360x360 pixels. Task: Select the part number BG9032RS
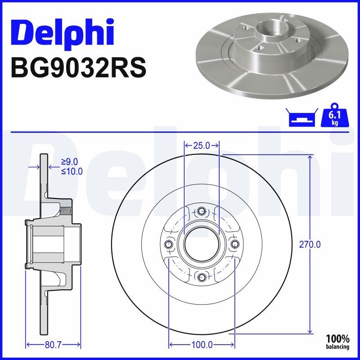point(78,68)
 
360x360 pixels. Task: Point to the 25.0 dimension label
point(202,145)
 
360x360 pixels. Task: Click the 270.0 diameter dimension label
point(310,244)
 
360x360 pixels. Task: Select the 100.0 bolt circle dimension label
point(202,345)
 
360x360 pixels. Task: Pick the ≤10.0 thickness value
point(72,171)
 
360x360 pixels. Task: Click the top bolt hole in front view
point(202,211)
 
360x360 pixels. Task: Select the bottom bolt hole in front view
point(202,277)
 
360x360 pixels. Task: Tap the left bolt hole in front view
point(169,244)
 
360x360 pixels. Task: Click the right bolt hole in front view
point(234,244)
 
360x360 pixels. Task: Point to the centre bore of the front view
point(202,244)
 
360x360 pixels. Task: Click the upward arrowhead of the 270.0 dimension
point(310,157)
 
